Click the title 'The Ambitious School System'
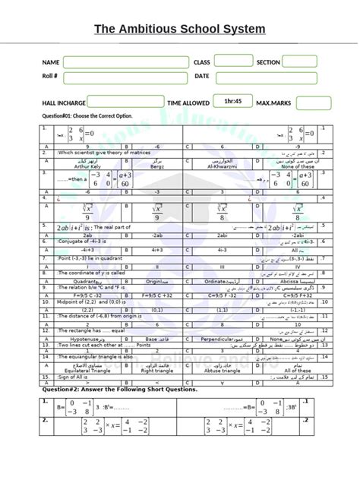[180, 30]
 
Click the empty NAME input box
[126, 62]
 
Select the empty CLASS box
[232, 62]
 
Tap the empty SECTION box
[299, 62]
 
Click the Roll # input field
[126, 77]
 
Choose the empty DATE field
[266, 77]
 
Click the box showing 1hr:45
[232, 101]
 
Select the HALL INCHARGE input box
[115, 102]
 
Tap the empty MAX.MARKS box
[312, 103]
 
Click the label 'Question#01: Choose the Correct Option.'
[87, 116]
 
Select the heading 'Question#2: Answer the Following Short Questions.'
[119, 389]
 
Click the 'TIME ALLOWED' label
[188, 103]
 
